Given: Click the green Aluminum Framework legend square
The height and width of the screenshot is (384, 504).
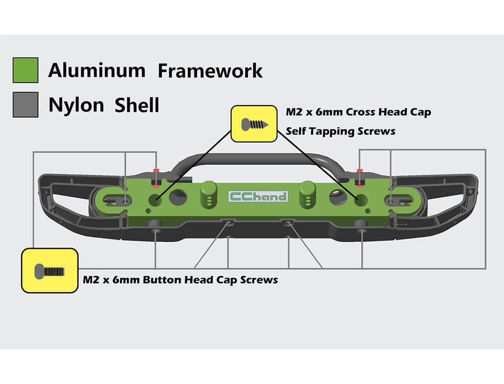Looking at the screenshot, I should pyautogui.click(x=25, y=70).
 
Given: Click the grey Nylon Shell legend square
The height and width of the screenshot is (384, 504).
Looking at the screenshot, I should pyautogui.click(x=25, y=104).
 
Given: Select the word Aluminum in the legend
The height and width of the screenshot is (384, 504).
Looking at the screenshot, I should pyautogui.click(x=96, y=71).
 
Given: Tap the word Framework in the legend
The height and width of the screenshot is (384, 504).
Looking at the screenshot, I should pyautogui.click(x=210, y=71).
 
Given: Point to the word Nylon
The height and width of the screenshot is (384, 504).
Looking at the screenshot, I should pyautogui.click(x=76, y=105).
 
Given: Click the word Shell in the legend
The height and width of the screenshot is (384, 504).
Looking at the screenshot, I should pyautogui.click(x=137, y=105).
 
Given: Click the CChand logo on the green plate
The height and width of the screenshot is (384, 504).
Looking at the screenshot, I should pyautogui.click(x=258, y=196).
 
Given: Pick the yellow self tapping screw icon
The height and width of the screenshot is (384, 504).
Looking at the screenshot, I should pyautogui.click(x=254, y=124).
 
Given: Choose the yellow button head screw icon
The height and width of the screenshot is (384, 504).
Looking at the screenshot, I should pyautogui.click(x=49, y=271).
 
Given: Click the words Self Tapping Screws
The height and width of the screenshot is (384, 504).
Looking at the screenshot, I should pyautogui.click(x=341, y=131).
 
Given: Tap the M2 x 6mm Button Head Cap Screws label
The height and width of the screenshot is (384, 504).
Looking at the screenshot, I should pyautogui.click(x=180, y=280).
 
